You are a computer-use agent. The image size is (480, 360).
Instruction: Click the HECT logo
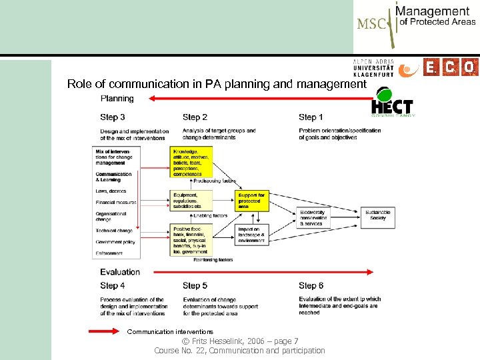click(x=393, y=103)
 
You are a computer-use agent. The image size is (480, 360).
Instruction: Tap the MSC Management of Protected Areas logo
click(x=416, y=25)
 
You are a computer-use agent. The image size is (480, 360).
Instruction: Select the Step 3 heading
click(x=113, y=117)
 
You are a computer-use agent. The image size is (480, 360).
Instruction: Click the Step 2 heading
click(x=195, y=117)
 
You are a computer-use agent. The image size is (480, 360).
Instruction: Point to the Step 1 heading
click(x=311, y=117)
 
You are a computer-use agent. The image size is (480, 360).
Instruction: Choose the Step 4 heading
click(x=113, y=286)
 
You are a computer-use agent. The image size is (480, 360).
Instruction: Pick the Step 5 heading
click(x=195, y=286)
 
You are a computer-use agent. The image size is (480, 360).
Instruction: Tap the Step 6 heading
click(x=311, y=286)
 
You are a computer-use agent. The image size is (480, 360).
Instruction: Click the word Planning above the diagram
click(x=117, y=99)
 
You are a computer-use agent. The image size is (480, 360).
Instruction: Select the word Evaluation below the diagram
click(x=120, y=272)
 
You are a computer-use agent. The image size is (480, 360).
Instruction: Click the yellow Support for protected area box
click(x=252, y=201)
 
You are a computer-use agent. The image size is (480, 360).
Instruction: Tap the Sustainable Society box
click(x=378, y=215)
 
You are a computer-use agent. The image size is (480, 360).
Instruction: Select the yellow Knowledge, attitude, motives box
click(x=191, y=162)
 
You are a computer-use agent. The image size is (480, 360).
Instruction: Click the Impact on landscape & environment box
click(x=252, y=233)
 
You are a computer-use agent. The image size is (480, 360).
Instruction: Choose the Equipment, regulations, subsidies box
click(x=191, y=200)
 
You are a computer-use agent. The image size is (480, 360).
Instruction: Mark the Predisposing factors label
click(x=215, y=181)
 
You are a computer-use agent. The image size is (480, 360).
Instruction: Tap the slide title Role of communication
click(x=217, y=85)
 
